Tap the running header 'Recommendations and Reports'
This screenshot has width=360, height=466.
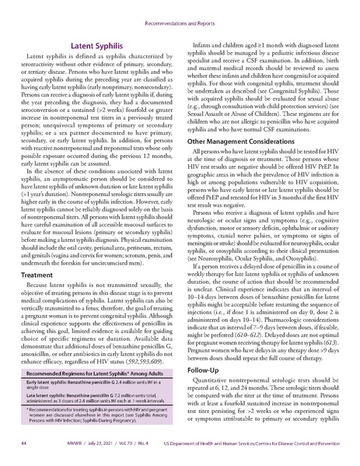[x=180, y=12]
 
